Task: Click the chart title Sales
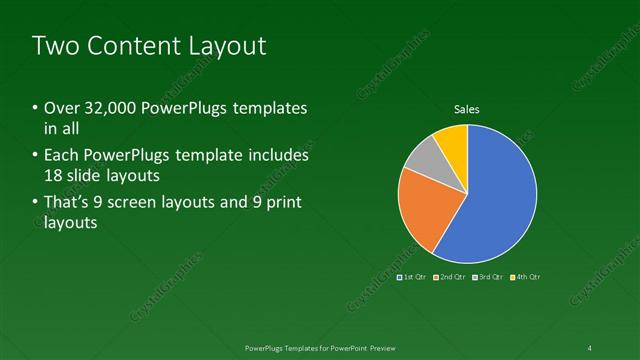coord(467,108)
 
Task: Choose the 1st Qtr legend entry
coord(412,276)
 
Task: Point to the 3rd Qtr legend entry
coord(488,276)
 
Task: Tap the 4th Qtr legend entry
coord(526,276)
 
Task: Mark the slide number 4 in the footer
coord(590,348)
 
